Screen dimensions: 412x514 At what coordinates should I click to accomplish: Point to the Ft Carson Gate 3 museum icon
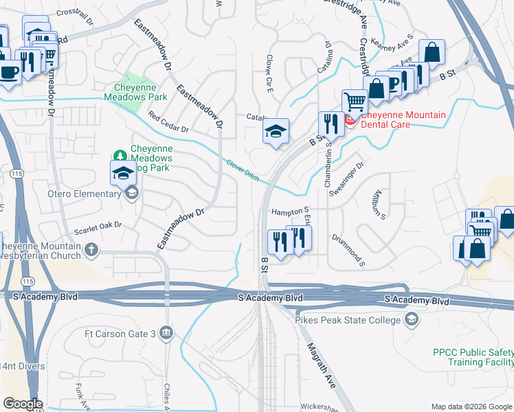166,334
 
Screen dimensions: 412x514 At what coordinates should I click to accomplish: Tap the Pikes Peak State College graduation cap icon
411,319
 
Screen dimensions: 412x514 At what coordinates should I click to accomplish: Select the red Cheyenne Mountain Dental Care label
403,119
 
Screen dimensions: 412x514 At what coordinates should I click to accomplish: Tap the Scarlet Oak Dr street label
99,225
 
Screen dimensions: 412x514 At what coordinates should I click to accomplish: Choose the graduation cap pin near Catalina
276,132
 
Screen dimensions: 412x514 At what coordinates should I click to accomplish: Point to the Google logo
23,404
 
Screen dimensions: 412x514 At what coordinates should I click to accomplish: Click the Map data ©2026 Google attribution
471,407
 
